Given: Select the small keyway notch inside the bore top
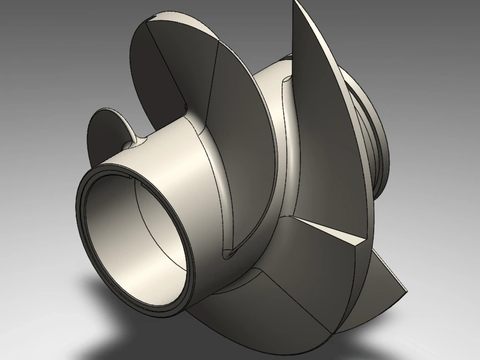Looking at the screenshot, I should click(131, 178).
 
